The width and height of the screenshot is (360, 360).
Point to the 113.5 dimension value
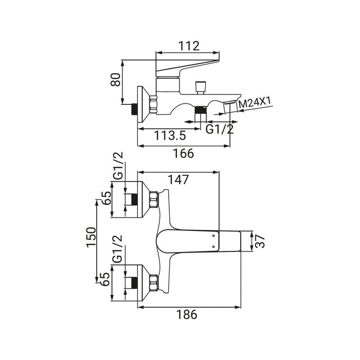point(170,136)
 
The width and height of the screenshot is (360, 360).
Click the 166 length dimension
point(184,153)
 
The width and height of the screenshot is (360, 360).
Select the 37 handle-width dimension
point(261,241)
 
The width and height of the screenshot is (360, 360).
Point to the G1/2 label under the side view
point(220,129)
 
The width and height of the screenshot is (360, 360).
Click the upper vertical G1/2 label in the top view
point(118,166)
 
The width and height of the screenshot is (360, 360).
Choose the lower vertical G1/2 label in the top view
point(118,248)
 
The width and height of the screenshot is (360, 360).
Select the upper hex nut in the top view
point(153,200)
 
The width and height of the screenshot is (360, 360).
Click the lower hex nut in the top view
point(153,283)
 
